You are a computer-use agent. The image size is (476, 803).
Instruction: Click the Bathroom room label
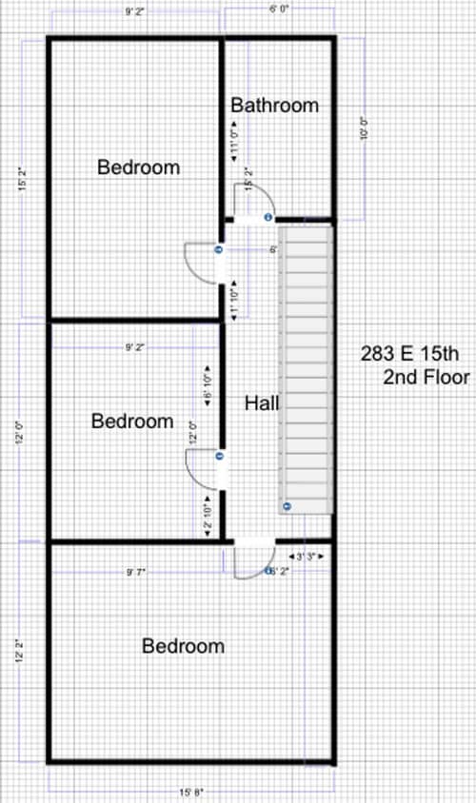click(274, 105)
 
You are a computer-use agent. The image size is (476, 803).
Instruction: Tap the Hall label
click(262, 403)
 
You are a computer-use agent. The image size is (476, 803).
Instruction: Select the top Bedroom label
click(139, 167)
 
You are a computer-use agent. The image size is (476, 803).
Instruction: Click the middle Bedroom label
click(132, 421)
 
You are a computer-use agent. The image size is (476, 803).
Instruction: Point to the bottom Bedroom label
click(184, 646)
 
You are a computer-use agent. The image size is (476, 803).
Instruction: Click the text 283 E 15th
click(410, 354)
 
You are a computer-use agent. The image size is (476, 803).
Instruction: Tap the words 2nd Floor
click(426, 378)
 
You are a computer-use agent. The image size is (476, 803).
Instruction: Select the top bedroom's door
click(202, 263)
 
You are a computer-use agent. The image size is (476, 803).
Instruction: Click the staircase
click(305, 371)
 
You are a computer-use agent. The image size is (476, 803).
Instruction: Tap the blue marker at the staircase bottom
click(286, 504)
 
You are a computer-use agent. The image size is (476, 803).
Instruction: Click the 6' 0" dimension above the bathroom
click(279, 9)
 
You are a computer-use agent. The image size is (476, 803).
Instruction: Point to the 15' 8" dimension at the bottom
click(191, 791)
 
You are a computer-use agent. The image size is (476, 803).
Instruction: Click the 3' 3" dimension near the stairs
click(306, 556)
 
